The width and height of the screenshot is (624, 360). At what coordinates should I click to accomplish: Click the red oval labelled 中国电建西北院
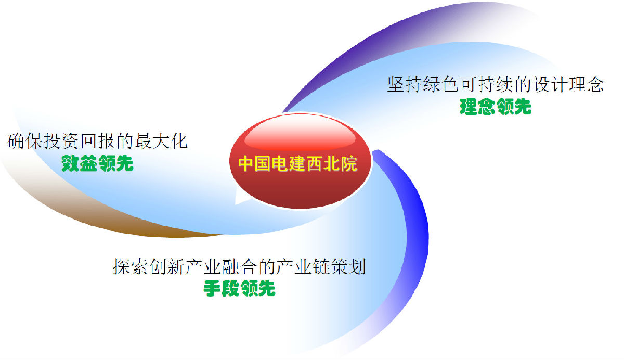(x=301, y=161)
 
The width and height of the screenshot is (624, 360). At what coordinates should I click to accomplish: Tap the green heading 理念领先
(x=495, y=107)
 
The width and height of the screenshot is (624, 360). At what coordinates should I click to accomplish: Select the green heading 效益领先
(x=97, y=163)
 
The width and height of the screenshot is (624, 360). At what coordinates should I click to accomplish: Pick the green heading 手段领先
(x=239, y=288)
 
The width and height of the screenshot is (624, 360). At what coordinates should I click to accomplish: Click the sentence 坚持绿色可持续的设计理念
(x=496, y=84)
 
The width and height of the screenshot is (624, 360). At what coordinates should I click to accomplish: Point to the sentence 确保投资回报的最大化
(x=97, y=141)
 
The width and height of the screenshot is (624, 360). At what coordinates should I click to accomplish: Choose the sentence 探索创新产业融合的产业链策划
(x=239, y=266)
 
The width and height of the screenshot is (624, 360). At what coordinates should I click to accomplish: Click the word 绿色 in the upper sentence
(x=441, y=84)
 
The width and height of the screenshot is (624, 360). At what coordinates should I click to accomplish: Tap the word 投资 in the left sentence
(x=61, y=141)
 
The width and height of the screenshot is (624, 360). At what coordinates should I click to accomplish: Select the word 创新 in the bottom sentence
(x=166, y=266)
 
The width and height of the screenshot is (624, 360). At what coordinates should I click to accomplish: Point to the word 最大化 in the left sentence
(x=161, y=141)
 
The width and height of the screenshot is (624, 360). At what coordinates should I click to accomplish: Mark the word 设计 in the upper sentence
(x=550, y=84)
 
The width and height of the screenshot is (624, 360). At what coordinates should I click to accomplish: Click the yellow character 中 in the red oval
(x=247, y=163)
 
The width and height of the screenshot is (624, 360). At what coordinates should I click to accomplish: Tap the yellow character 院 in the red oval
(x=349, y=163)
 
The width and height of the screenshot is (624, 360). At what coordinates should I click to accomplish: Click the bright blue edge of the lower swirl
(x=418, y=223)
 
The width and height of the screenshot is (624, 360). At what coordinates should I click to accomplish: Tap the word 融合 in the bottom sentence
(x=239, y=266)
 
